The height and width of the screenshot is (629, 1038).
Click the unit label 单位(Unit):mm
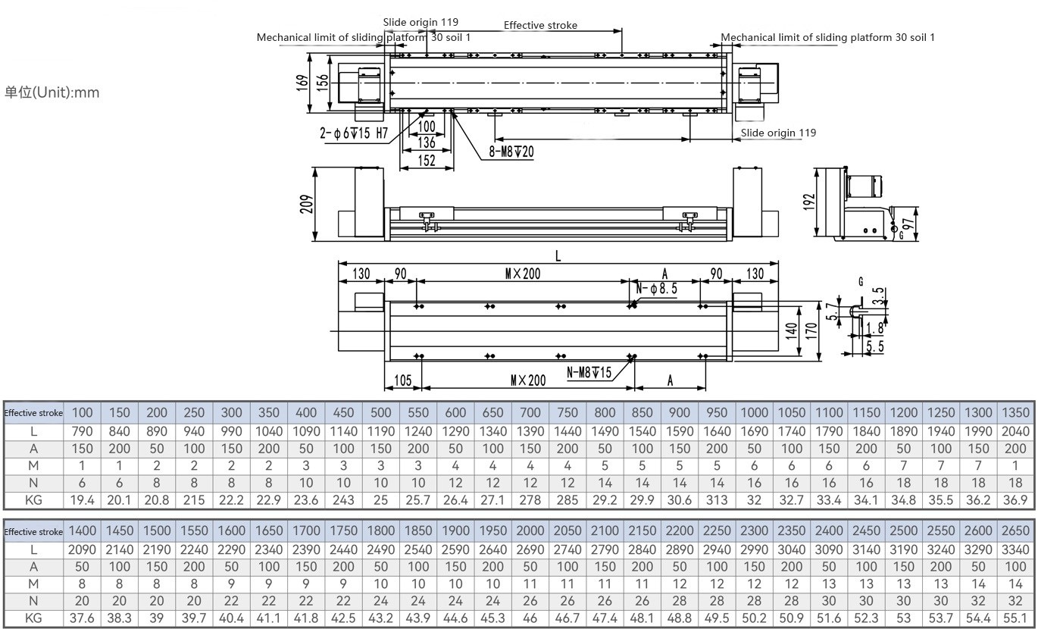tap(52, 92)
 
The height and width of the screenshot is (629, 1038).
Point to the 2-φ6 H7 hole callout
tap(354, 134)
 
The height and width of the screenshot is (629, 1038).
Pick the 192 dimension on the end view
tap(810, 202)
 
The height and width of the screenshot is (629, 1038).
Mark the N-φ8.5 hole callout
tap(656, 289)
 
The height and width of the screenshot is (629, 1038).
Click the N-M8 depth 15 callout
tap(589, 373)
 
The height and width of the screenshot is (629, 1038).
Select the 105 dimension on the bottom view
tap(403, 380)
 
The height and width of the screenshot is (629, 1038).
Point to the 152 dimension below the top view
tap(427, 160)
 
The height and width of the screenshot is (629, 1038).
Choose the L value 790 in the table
tap(82, 431)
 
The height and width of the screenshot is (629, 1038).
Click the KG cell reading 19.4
tap(82, 499)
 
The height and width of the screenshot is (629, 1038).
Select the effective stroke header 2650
tap(1015, 531)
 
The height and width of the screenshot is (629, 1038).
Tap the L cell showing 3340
tap(1015, 549)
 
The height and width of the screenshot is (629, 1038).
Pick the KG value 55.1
tap(1015, 618)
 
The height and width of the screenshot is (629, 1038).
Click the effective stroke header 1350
tap(1015, 413)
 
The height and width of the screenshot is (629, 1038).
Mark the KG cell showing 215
tap(194, 499)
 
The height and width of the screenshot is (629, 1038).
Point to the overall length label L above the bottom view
tap(558, 256)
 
